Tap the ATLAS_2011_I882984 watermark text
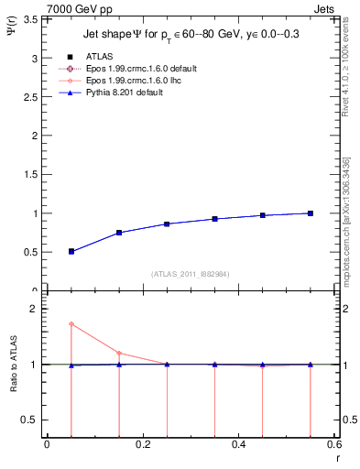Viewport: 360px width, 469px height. [x=189, y=273]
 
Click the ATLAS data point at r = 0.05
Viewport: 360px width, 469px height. [x=71, y=251]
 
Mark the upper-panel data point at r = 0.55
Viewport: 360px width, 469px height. [x=311, y=213]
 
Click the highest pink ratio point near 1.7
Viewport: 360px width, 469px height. [x=71, y=323]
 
